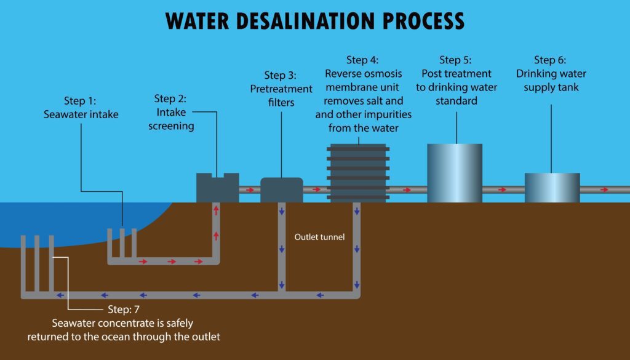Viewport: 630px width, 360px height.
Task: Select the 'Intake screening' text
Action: (174, 119)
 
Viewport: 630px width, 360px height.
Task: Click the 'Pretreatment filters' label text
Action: (281, 95)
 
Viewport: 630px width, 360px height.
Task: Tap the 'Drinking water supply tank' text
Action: (551, 81)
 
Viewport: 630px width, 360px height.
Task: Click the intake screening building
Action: (217, 188)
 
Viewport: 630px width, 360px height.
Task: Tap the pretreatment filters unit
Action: (282, 190)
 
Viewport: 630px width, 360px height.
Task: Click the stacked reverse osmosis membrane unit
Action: (357, 172)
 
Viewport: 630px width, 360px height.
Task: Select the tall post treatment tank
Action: (455, 173)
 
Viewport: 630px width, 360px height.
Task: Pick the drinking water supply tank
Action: (552, 188)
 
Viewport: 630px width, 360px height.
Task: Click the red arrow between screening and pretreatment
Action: (250, 190)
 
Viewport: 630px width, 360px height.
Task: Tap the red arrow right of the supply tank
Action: (604, 190)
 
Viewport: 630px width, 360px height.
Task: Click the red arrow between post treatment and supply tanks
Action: (503, 190)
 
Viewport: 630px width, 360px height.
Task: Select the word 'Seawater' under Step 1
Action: (63, 114)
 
